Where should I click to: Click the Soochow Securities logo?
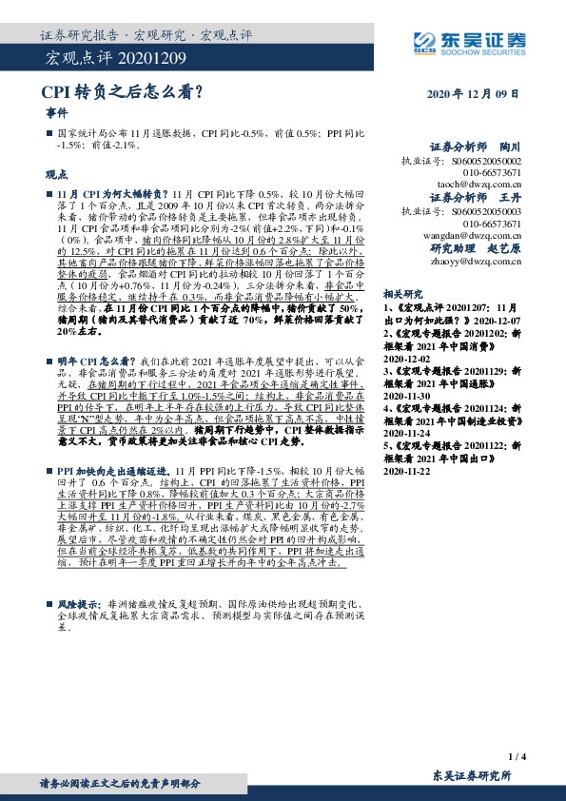coord(468,41)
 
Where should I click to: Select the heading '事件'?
coord(56,112)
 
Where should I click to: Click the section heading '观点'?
coord(56,175)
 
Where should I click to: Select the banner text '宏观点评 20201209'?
coord(98,60)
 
